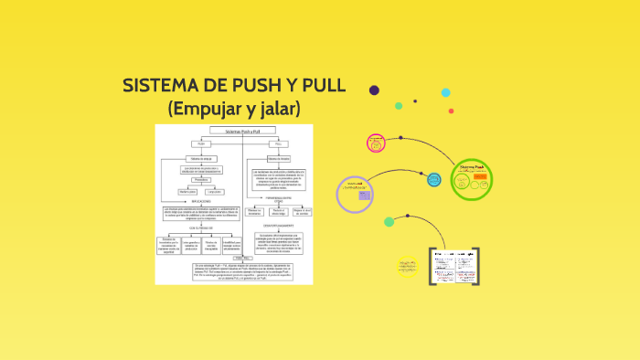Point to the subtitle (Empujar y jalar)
coord(234,108)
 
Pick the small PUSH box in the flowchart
coord(201,143)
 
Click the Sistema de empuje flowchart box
coord(201,157)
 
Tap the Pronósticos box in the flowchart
coord(201,179)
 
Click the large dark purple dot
coord(374,90)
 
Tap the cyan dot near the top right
coord(446,92)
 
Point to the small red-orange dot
coord(415,101)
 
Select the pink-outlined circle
coord(376,143)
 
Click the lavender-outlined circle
coord(356,193)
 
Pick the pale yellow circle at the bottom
coord(407,268)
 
